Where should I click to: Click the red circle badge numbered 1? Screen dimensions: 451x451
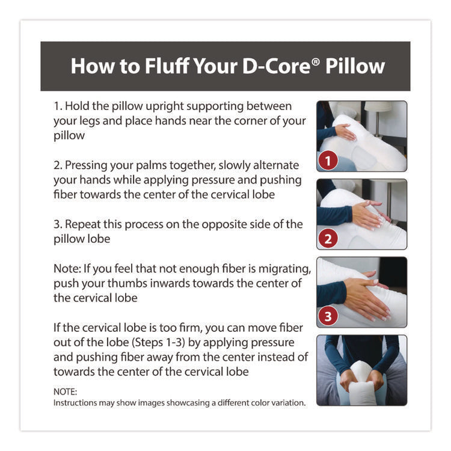pos(328,161)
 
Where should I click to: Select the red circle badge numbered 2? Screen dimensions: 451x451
pos(328,239)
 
